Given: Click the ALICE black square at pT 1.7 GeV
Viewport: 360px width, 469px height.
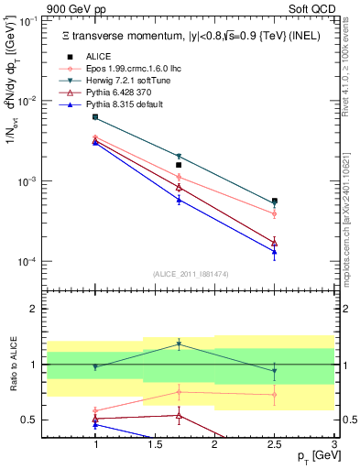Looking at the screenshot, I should coord(179,165).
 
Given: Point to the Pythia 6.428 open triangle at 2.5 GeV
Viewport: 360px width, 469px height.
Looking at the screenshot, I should coord(275,243).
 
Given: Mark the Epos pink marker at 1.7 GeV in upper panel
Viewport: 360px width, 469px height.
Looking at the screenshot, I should coord(179,177).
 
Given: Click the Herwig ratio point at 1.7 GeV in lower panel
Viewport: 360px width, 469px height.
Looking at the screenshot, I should coord(179,344).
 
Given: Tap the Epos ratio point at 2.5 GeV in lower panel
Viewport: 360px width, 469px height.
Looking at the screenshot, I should coord(275,395).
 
